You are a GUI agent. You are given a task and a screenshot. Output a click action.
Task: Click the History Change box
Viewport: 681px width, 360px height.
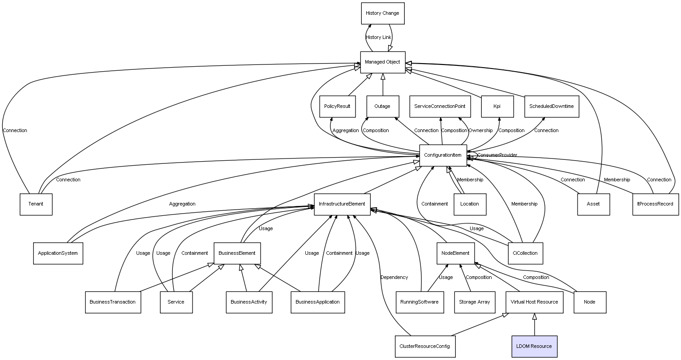[383, 13]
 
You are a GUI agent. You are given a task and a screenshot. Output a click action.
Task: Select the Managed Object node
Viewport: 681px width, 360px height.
[383, 62]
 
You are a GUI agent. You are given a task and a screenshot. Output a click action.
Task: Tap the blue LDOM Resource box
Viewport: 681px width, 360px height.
[535, 346]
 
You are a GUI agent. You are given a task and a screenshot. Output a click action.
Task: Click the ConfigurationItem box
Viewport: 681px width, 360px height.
[443, 155]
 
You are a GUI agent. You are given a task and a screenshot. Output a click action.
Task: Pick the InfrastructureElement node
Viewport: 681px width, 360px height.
[342, 204]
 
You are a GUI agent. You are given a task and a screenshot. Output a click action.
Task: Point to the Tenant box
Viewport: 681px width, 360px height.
[36, 204]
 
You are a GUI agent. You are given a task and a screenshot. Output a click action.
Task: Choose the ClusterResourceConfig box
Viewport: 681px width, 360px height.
[425, 346]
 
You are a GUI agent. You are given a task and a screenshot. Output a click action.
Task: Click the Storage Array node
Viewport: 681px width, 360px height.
[475, 302]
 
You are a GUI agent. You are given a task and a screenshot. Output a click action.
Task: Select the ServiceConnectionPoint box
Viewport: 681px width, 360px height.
[440, 107]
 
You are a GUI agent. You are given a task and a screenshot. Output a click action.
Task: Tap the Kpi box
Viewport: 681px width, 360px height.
[497, 107]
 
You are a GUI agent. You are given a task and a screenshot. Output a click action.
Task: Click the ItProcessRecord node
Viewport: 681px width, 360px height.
[655, 204]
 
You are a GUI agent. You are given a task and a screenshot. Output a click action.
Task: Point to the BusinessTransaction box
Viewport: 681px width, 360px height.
[113, 302]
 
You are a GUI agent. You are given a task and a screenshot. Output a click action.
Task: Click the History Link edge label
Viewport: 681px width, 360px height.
[378, 38]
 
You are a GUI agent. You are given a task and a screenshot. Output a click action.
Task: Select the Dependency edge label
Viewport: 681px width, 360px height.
[394, 277]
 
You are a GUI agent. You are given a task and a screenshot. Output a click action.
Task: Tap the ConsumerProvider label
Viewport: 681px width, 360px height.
[497, 155]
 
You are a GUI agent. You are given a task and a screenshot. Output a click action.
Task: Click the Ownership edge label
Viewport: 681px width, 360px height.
[481, 130]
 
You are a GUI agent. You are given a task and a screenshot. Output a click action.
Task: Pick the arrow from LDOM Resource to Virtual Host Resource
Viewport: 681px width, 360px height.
[535, 325]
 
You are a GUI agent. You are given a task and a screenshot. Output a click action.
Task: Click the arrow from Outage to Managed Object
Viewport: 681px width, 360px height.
[383, 85]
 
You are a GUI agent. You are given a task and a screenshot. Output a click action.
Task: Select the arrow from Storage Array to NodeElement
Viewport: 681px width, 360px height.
[466, 278]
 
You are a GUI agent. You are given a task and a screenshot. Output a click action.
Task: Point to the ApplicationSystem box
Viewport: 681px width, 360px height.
[58, 253]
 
